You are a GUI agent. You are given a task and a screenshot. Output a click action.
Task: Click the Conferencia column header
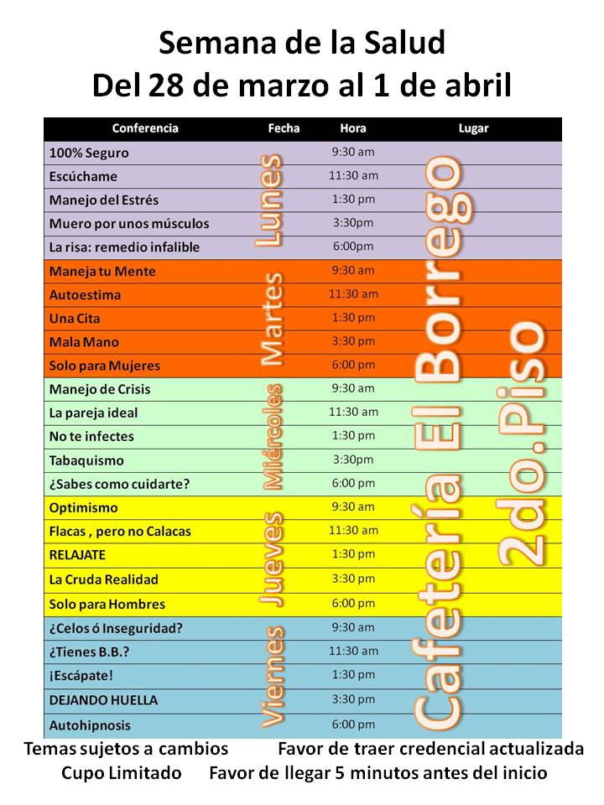tap(145, 128)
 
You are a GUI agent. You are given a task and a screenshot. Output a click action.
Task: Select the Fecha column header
tap(284, 128)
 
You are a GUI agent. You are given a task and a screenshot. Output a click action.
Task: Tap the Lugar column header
tap(473, 128)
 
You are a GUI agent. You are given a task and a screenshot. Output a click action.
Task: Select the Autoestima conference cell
tap(85, 295)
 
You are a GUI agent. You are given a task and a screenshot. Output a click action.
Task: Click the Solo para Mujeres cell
tap(105, 366)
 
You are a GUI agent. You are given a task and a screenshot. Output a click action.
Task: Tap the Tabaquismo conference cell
tap(86, 460)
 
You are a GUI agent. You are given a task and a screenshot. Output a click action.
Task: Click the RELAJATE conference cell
tap(78, 555)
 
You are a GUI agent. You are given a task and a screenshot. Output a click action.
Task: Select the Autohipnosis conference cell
tap(90, 725)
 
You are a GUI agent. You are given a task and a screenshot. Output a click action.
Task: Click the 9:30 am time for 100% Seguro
tap(353, 153)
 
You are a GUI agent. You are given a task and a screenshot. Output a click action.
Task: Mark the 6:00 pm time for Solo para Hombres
tap(353, 603)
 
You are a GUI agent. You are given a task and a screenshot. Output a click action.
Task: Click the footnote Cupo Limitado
tap(121, 773)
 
